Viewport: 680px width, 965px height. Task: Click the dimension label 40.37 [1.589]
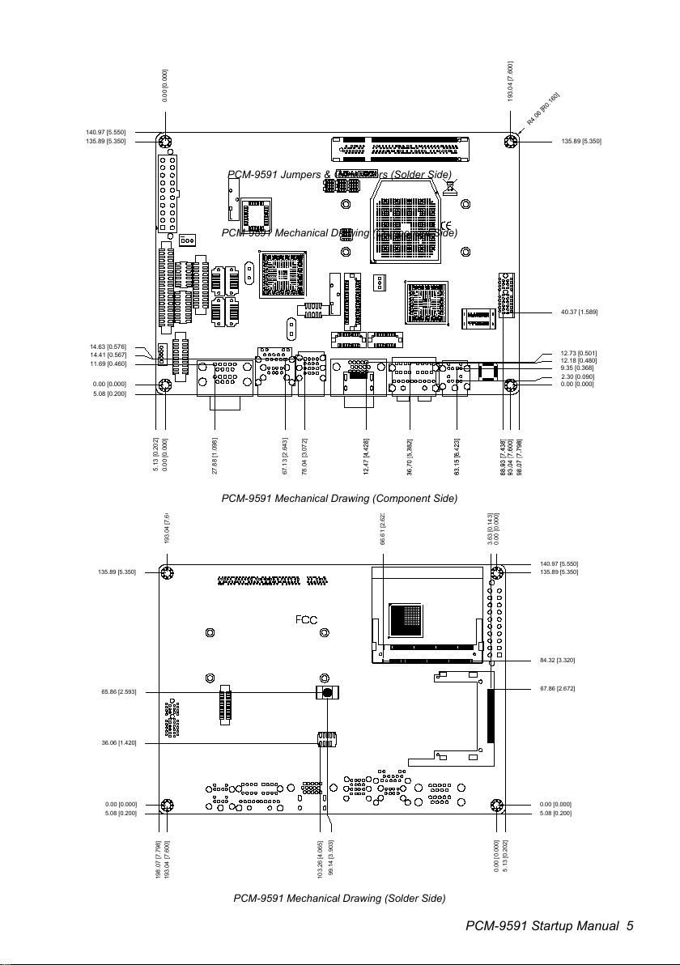578,312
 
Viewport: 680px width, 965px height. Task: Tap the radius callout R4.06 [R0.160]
543,108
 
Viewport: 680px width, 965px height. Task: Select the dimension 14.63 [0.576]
108,346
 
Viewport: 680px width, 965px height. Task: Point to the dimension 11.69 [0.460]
108,363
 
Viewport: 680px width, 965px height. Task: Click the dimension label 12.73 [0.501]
578,353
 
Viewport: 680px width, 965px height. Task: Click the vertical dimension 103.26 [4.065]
321,858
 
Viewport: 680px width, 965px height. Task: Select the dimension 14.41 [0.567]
108,355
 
